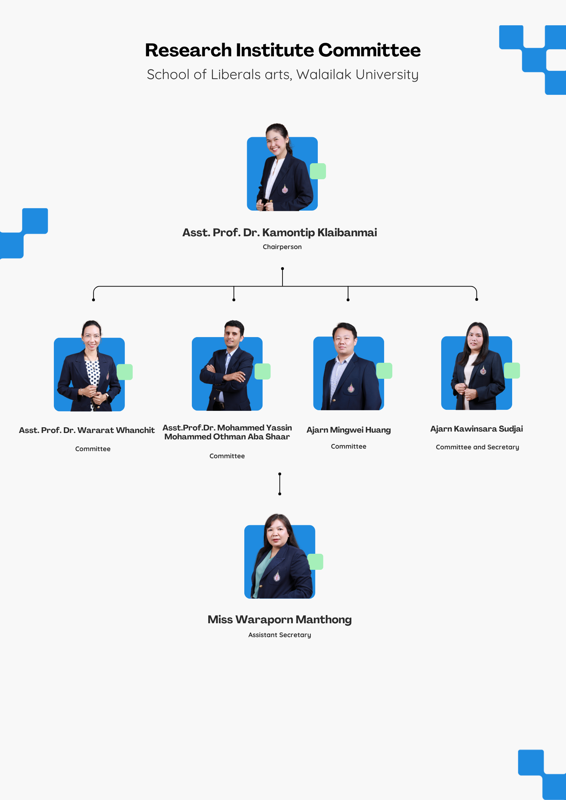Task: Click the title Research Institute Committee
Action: point(283,50)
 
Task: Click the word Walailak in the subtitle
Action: point(324,74)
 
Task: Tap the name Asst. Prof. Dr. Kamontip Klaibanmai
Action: point(280,233)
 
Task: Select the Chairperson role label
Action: point(282,247)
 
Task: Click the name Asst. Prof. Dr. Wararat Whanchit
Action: point(87,430)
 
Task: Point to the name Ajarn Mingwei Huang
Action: point(349,430)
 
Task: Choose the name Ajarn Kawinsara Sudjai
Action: point(476,429)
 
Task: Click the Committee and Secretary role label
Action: point(478,447)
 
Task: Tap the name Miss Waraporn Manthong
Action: point(280,620)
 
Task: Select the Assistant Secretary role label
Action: point(280,635)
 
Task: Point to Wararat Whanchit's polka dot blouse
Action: point(93,374)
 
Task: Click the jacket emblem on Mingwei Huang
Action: point(351,388)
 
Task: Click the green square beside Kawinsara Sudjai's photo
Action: point(512,371)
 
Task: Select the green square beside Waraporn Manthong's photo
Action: point(315,562)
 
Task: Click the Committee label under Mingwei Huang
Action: point(348,447)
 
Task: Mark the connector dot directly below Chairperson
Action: point(282,268)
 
